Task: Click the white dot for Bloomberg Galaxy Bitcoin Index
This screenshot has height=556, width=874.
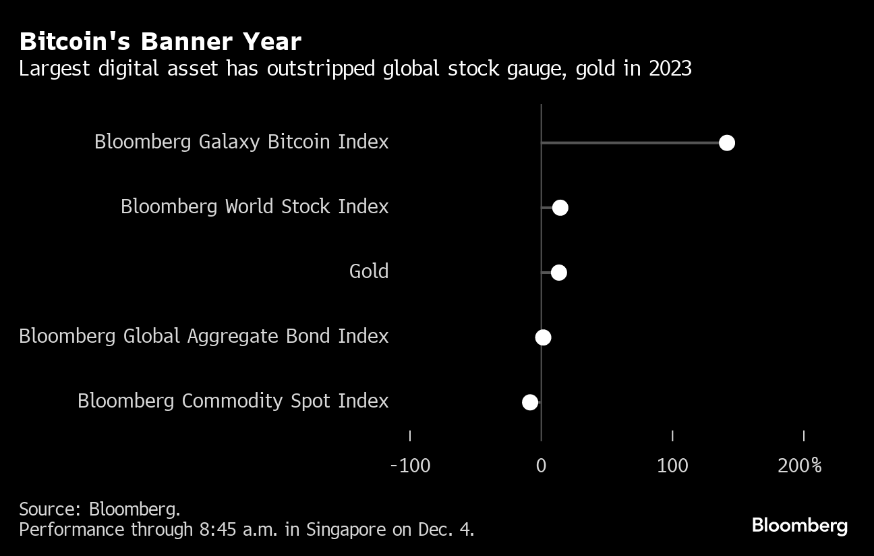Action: [x=726, y=142]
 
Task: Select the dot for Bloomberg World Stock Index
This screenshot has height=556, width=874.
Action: [x=560, y=208]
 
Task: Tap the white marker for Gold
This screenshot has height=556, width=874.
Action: [x=558, y=273]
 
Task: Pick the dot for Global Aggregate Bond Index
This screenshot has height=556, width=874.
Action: [x=543, y=337]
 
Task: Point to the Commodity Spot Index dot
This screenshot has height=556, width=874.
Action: [x=530, y=402]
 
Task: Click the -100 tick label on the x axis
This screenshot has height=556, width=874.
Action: [x=410, y=466]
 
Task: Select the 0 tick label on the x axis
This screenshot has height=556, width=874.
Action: [x=541, y=466]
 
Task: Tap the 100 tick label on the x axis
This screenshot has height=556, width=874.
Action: [x=672, y=466]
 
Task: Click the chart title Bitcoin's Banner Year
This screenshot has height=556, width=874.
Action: [x=160, y=42]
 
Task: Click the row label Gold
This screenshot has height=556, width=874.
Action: [x=369, y=271]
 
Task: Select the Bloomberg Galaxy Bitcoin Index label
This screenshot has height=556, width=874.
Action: [x=241, y=142]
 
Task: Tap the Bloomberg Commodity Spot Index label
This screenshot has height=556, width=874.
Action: [x=233, y=401]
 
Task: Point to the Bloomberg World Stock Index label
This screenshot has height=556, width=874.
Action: [x=254, y=206]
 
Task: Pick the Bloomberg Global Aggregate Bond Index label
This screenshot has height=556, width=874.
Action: [x=204, y=336]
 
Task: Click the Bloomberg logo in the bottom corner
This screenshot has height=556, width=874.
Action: [x=799, y=525]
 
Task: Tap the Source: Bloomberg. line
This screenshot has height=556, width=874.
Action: [x=99, y=509]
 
